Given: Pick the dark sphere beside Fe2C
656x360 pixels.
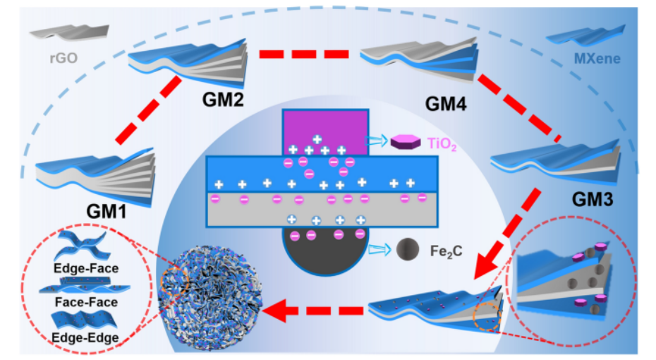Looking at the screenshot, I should (405, 248).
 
